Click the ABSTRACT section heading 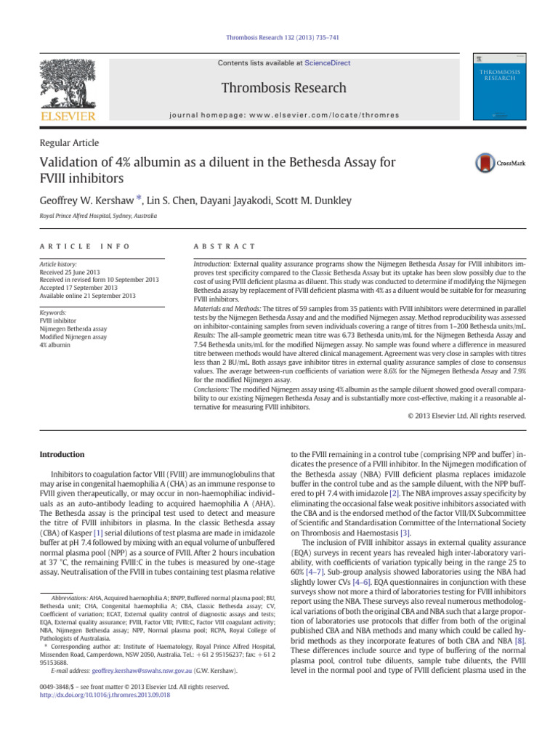coord(217,246)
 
